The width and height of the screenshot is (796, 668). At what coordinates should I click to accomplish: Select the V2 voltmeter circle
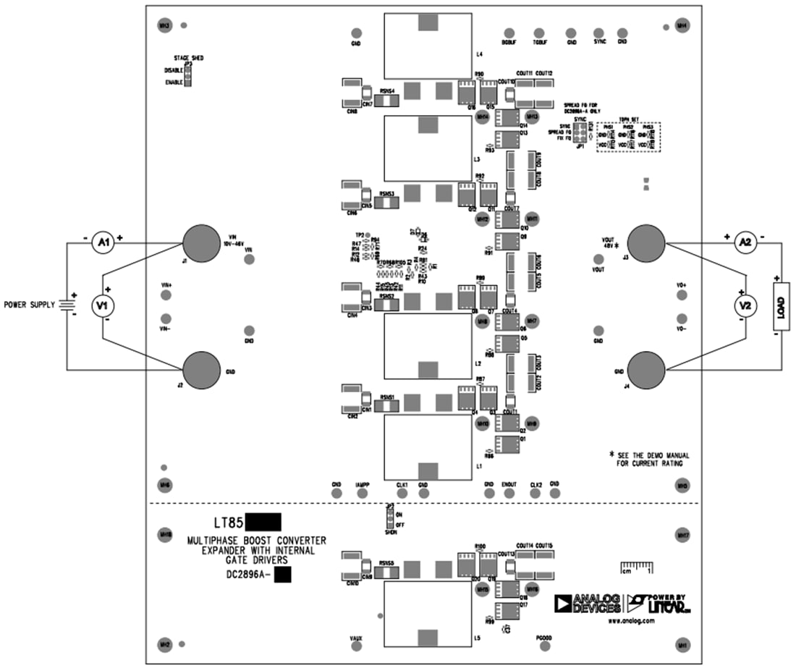(745, 305)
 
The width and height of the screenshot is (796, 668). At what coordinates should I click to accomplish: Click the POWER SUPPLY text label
(29, 305)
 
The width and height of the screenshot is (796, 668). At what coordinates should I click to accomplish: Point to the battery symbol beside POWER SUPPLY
(67, 305)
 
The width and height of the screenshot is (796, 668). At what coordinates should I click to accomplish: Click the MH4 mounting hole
(682, 25)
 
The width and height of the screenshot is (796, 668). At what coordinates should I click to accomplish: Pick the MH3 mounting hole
(164, 25)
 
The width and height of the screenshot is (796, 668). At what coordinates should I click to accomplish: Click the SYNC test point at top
(599, 33)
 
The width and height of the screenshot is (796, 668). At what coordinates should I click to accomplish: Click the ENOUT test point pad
(509, 494)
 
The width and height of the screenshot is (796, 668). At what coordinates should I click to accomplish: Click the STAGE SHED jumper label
(188, 58)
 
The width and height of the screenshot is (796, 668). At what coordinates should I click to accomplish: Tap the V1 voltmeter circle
(103, 306)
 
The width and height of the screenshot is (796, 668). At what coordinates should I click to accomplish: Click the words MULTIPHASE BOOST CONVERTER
(256, 541)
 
